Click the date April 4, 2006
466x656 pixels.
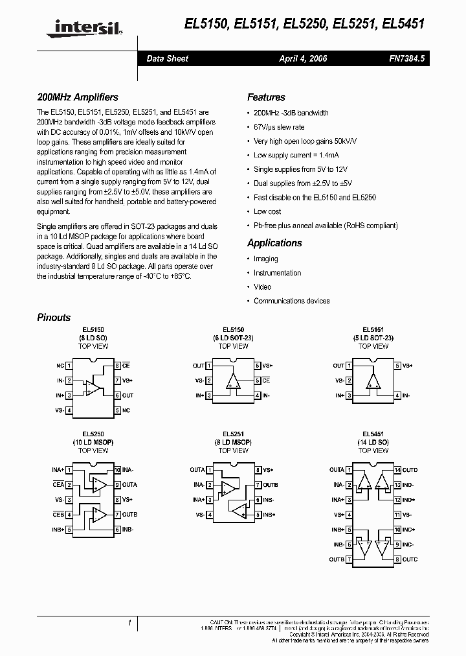(x=303, y=58)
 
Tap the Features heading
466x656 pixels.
(x=266, y=97)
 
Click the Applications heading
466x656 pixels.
(x=274, y=243)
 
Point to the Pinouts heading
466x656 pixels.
(x=54, y=318)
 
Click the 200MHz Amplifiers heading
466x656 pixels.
(x=78, y=97)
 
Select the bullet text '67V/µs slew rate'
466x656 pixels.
(x=279, y=127)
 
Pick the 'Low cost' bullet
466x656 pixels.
(x=267, y=211)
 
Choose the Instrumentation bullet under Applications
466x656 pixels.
(x=277, y=273)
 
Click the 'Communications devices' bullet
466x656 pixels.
(x=291, y=301)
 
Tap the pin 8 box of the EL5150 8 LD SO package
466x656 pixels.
(x=117, y=366)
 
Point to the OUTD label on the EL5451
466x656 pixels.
(x=410, y=470)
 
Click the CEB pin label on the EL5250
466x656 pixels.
(x=58, y=515)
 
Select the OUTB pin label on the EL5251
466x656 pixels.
(x=271, y=485)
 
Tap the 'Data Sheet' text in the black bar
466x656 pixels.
(x=167, y=58)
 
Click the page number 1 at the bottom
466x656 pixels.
(x=130, y=623)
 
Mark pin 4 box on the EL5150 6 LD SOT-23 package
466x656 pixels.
(x=258, y=395)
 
